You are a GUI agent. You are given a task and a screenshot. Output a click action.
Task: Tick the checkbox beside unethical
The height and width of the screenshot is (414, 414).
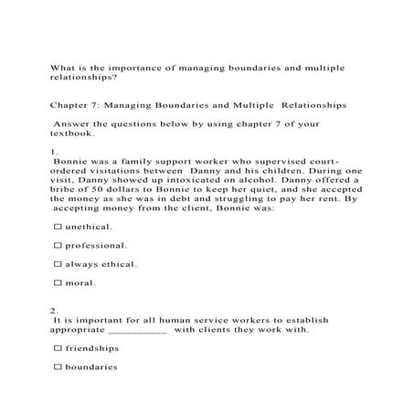[x=58, y=226]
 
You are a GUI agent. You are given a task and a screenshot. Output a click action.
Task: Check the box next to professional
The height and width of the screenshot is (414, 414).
[x=58, y=245]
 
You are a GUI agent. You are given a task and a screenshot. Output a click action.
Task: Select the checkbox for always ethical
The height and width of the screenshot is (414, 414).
[x=58, y=264]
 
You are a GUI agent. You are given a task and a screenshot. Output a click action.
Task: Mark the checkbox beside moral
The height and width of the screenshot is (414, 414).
[x=58, y=283]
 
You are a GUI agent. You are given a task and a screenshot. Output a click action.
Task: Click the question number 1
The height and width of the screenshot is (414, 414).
[x=54, y=151]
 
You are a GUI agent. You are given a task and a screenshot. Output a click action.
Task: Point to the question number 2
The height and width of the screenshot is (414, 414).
[x=54, y=310]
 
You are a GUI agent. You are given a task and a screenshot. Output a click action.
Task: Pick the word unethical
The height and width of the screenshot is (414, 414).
[x=90, y=226]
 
